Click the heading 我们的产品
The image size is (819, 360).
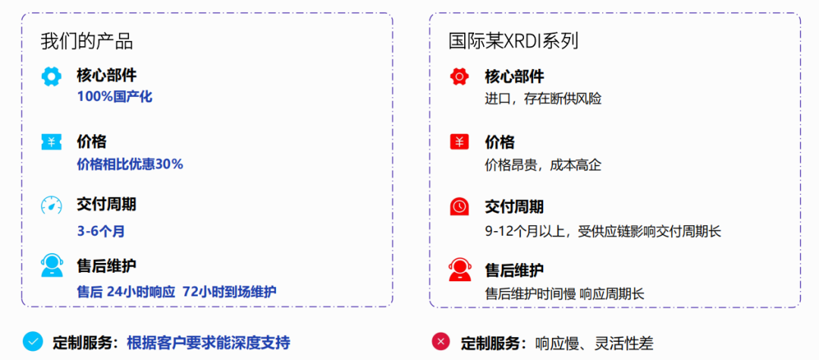(87, 41)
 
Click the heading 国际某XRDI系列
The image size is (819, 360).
(513, 41)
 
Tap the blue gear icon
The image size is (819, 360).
(52, 77)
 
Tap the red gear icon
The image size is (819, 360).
(459, 77)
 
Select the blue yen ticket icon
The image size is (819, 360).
(52, 142)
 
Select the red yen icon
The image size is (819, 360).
(459, 142)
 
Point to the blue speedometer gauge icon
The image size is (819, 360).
(52, 205)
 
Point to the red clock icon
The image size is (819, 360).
(459, 206)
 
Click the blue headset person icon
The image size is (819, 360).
(52, 267)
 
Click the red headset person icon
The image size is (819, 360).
(459, 269)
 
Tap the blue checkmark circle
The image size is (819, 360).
(33, 342)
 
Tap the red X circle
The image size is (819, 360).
(441, 342)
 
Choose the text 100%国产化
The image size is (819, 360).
(115, 97)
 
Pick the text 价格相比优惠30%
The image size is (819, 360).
(130, 164)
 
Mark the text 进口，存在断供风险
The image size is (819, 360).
(543, 99)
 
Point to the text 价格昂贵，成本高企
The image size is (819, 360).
(543, 164)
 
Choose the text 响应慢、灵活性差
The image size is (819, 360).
(594, 343)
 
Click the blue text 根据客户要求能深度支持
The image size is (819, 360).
(209, 343)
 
